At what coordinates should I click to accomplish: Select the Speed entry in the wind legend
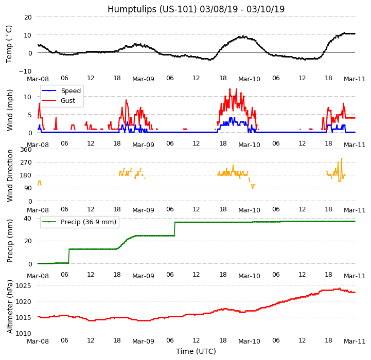click(70, 91)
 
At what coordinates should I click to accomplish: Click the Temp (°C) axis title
click(9, 44)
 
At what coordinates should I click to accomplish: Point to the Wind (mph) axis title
click(10, 110)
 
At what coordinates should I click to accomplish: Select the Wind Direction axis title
click(10, 175)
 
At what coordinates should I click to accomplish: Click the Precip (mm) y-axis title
click(10, 241)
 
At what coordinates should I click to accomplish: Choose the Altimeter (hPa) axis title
click(10, 307)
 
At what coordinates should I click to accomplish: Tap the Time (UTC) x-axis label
click(196, 351)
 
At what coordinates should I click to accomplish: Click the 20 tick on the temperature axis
click(27, 17)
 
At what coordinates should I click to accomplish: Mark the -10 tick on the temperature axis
click(25, 71)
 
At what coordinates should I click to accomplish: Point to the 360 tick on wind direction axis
click(25, 149)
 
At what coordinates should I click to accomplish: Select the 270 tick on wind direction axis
click(25, 163)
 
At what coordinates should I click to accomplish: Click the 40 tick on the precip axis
click(27, 218)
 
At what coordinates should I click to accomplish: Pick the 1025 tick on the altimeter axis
click(23, 285)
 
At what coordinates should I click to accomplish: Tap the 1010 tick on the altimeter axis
click(23, 333)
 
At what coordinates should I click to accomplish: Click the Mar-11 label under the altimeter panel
click(355, 341)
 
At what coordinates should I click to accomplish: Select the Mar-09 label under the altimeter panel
click(143, 341)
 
